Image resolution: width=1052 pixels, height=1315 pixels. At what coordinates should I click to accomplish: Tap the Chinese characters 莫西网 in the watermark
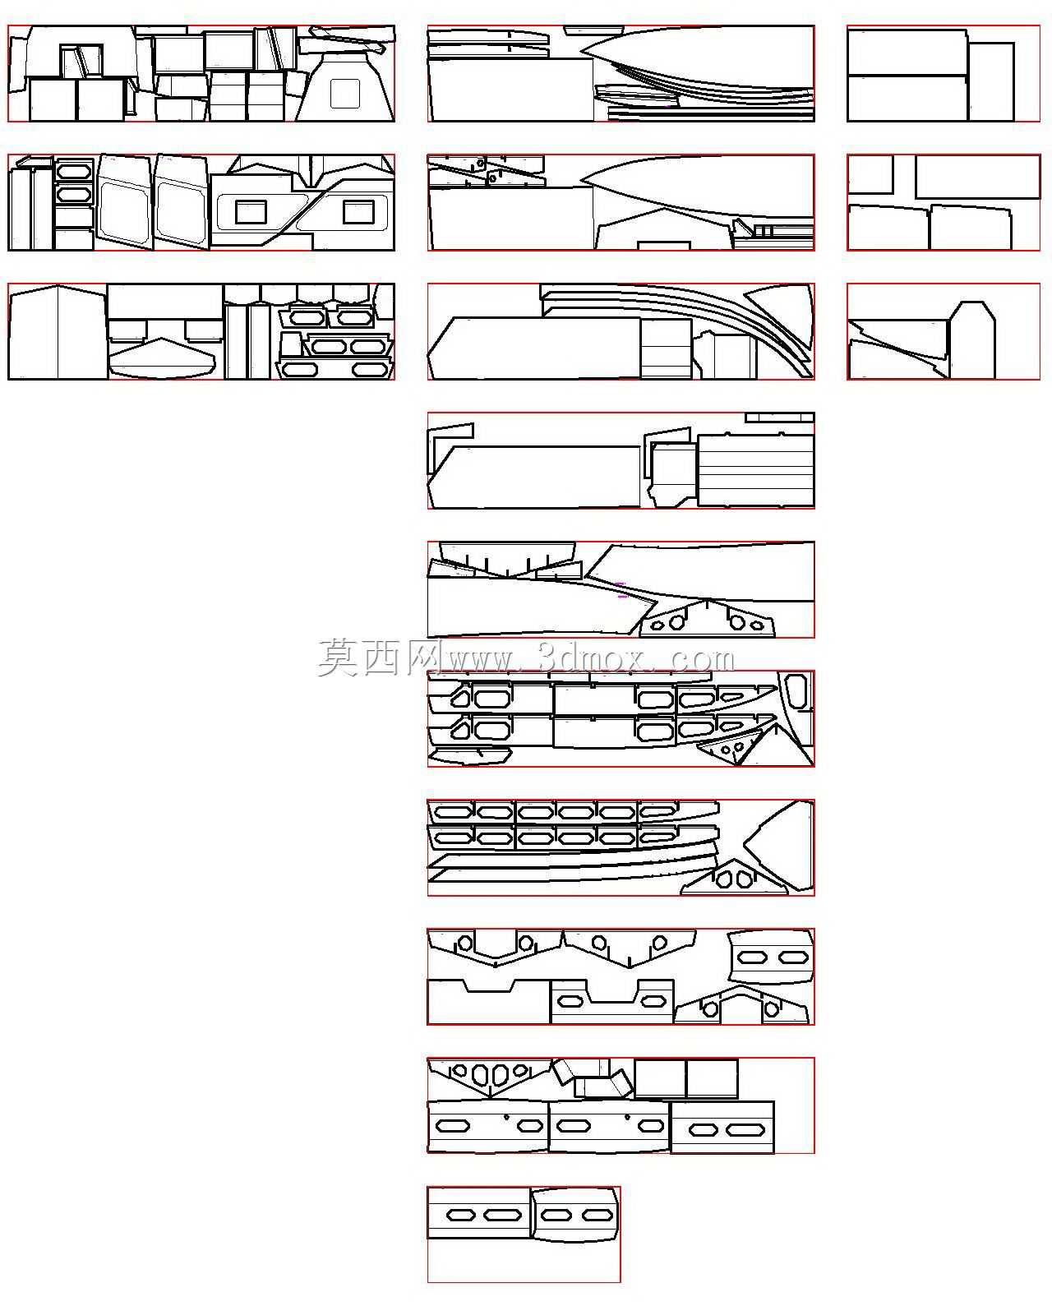click(378, 657)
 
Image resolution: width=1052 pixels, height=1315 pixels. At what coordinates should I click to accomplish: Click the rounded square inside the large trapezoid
click(344, 94)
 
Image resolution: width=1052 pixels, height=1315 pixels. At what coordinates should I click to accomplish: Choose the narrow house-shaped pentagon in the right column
click(971, 339)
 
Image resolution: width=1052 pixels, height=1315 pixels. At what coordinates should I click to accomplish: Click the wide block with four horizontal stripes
click(755, 470)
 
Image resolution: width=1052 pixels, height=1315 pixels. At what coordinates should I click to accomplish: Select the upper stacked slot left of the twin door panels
click(74, 170)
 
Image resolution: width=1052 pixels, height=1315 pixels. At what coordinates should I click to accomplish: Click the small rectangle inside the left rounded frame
click(251, 211)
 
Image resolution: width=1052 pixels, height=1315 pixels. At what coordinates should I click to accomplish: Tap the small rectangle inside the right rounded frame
click(359, 211)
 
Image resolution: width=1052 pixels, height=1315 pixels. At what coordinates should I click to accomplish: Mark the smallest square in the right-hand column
click(870, 175)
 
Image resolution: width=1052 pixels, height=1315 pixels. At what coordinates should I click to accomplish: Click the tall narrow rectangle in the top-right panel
click(991, 82)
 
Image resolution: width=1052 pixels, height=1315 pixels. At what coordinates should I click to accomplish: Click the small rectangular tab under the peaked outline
click(664, 246)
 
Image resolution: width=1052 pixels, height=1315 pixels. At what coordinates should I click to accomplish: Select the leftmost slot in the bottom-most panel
click(462, 1215)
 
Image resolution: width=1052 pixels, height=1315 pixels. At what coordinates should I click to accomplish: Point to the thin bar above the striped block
click(780, 418)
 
